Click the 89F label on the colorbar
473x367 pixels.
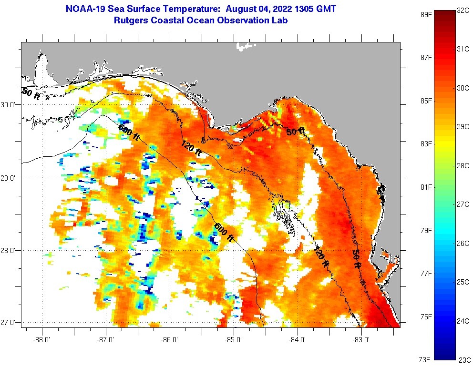tap(426, 14)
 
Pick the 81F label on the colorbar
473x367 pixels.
tap(426, 187)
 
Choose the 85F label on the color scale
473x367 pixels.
tap(426, 101)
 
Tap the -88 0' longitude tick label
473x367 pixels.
tap(42, 340)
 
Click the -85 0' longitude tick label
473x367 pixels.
tap(234, 340)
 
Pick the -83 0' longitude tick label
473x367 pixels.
tap(362, 340)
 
